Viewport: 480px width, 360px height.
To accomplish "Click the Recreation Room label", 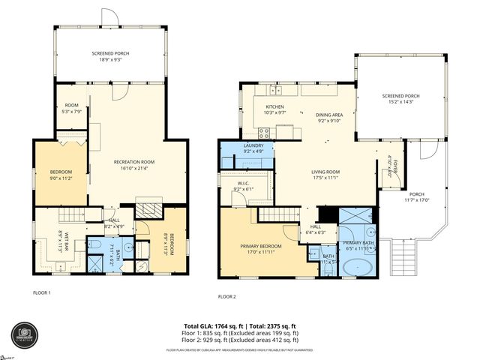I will pos(133,162).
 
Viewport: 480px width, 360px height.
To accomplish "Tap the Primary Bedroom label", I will pos(260,245).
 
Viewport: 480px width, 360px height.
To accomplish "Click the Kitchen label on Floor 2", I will pos(274,106).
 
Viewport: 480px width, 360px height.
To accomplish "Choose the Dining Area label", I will pos(329,114).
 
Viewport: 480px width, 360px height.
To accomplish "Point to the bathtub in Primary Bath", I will pos(358,267).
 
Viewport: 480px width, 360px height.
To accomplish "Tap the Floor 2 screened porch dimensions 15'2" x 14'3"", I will pos(397,101).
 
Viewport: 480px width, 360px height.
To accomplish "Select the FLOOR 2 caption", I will pos(226,296).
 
